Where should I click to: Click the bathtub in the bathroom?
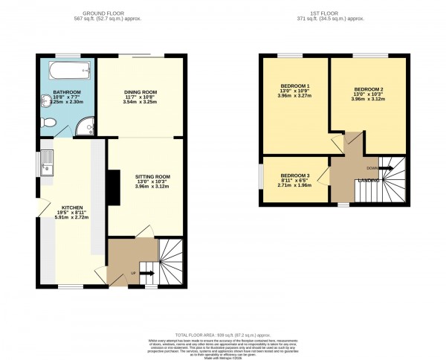point(69,72)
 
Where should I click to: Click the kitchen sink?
point(48,161)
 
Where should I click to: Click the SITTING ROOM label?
point(152,176)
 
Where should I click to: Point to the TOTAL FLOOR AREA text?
point(223,334)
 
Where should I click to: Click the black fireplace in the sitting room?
point(111,187)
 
